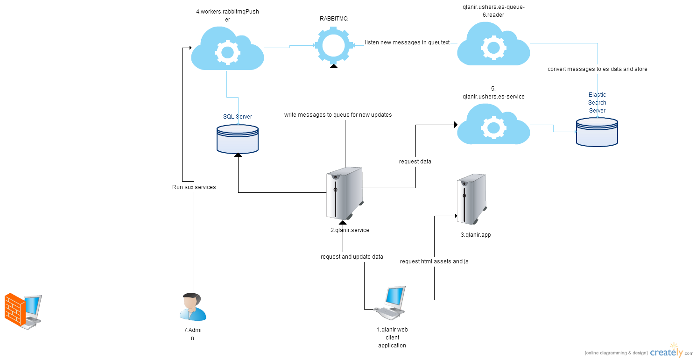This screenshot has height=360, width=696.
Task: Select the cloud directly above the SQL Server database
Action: point(227,49)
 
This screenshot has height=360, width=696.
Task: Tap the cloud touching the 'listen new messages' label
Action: point(493,45)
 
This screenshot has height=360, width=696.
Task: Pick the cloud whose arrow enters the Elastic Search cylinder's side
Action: point(493,125)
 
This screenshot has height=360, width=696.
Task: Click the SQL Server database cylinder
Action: point(238,139)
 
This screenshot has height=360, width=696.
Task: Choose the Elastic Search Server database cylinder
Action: point(597,132)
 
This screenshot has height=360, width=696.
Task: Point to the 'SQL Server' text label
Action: point(238,116)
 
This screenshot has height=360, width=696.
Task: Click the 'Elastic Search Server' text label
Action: point(597,103)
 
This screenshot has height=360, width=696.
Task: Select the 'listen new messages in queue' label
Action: point(407,42)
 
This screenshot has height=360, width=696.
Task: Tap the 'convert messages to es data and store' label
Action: point(598,69)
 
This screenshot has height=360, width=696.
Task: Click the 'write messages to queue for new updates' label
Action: point(338,115)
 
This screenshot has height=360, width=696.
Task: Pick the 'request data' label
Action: point(415,162)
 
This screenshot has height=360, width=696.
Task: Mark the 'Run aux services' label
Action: point(194,187)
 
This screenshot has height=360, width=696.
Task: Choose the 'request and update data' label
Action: point(352,257)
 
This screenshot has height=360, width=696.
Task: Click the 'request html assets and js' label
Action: point(434,261)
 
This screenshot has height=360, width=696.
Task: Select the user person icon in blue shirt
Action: point(192,307)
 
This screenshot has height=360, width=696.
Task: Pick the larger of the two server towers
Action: point(344,193)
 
